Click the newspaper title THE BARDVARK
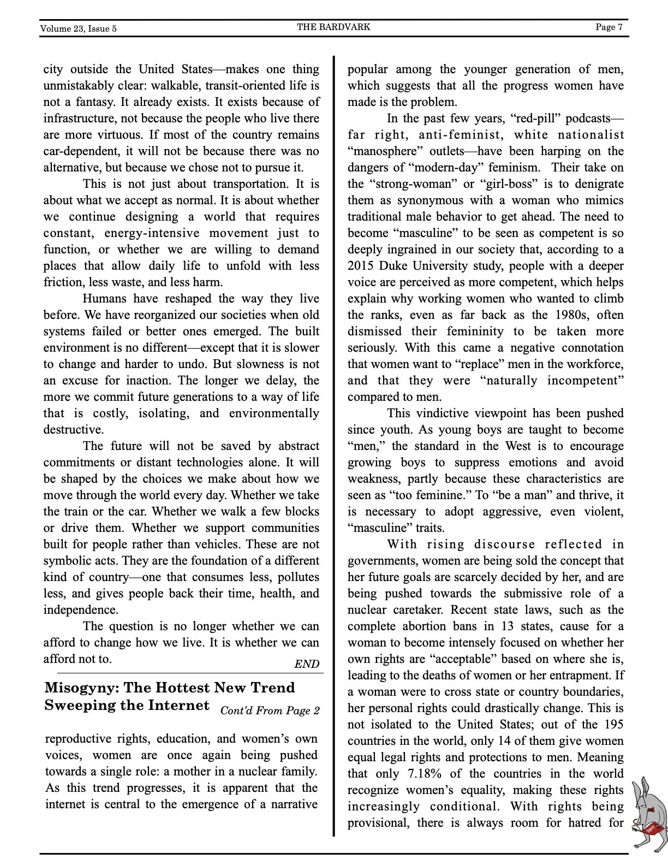pyautogui.click(x=333, y=27)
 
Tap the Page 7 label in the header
pyautogui.click(x=609, y=27)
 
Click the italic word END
pyautogui.click(x=307, y=664)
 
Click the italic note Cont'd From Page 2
pyautogui.click(x=270, y=710)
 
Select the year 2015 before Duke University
pyautogui.click(x=361, y=266)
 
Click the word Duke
pyautogui.click(x=395, y=266)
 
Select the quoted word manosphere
pyautogui.click(x=385, y=151)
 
